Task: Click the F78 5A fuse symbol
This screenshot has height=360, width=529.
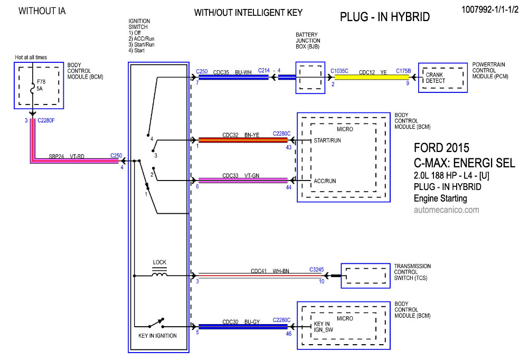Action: coord(33,90)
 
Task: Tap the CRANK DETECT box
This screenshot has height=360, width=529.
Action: coord(436,78)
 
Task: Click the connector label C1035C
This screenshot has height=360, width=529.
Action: coord(339,70)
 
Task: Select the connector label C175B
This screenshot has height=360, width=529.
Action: coord(403,70)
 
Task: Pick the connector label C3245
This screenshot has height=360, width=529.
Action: coord(317,270)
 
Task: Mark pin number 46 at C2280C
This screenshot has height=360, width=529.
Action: coord(288,334)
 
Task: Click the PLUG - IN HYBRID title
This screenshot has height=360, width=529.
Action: coord(385,17)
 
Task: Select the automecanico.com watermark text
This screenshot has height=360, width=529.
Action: coord(446,210)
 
